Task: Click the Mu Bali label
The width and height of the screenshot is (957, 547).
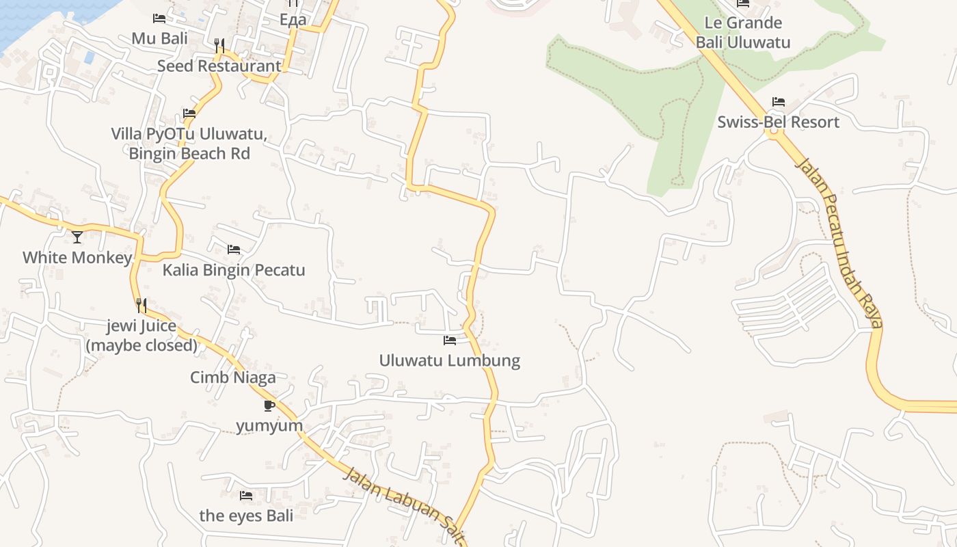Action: coord(159,38)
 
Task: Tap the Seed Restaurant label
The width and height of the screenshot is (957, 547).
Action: coord(219,66)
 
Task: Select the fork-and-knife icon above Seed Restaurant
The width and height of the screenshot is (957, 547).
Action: coord(219,46)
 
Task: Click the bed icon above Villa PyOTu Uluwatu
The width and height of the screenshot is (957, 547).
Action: coord(189,113)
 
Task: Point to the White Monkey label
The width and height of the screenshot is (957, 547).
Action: coord(77,257)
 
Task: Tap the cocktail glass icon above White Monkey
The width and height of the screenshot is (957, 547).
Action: coord(77,237)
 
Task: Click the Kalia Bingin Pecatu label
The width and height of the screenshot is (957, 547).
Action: coord(234,269)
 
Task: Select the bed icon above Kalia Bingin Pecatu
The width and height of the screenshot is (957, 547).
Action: coord(234,250)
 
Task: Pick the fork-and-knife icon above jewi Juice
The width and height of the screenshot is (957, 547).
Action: coord(141,305)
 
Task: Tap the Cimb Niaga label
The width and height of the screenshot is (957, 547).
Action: coord(233,377)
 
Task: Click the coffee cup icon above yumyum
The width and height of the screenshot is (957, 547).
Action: coord(269,405)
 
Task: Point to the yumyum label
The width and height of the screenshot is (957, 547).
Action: coord(269,425)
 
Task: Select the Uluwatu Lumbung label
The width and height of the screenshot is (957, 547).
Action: coord(450,360)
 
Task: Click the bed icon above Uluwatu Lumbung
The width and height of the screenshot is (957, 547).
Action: coord(450,340)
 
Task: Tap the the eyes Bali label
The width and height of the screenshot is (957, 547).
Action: coord(246,515)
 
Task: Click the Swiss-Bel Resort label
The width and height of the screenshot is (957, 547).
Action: coord(778,122)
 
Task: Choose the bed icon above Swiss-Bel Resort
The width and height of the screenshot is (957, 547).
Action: coord(778,102)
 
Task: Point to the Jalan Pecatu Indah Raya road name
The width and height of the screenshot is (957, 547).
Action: coord(840,242)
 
